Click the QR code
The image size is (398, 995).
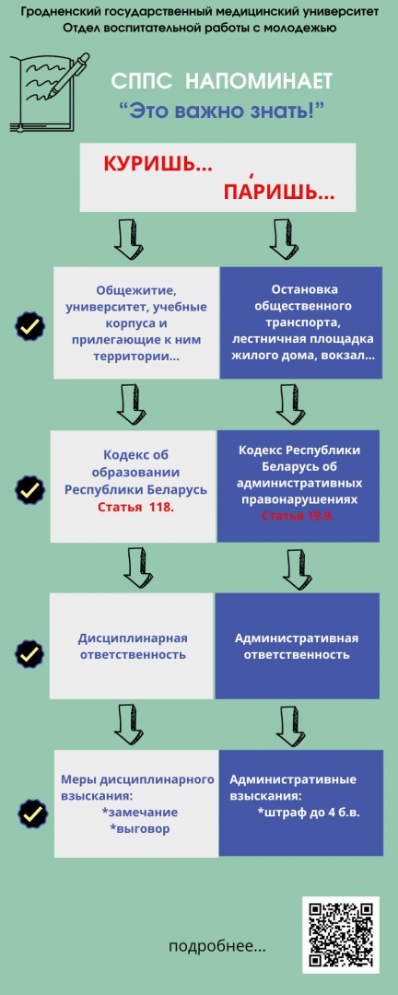pos(341,935)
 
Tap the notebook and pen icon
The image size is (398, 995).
pos(50,93)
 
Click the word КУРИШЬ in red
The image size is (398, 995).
pos(158,164)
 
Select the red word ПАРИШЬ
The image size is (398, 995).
pos(279,191)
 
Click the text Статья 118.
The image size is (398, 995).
pos(135,508)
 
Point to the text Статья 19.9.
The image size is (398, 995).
pos(298,516)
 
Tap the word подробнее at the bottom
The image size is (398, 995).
pos(217,947)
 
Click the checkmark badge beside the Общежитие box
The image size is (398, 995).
pos(29,326)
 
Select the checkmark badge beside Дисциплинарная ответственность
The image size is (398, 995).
pos(29,653)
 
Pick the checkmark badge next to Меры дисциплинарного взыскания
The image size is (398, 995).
pos(34,813)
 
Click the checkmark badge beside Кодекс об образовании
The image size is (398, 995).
pos(29,490)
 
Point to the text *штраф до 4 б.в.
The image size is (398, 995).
pos(310,813)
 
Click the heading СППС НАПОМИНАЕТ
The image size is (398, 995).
pos(221,81)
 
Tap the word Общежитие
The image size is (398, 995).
pos(135,290)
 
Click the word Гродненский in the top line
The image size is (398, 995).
pos(66,12)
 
